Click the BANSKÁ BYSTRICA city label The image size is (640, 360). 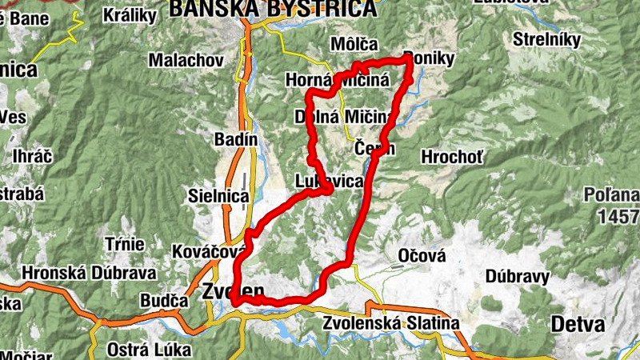[272, 9]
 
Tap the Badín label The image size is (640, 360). [236, 139]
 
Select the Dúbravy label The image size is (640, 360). [517, 277]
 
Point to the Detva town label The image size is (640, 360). [578, 325]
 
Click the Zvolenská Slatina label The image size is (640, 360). [391, 324]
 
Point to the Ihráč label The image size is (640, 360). [32, 156]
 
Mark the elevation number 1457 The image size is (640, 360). [623, 216]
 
